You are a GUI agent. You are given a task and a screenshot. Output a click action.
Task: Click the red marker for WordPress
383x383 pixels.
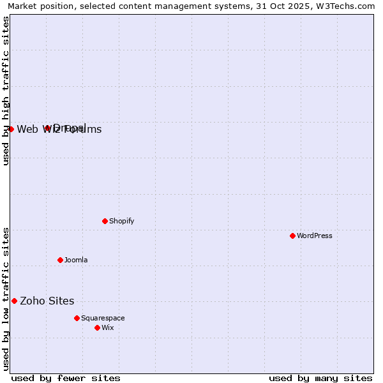pos(293,236)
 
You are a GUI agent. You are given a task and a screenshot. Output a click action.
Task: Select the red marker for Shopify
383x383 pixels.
pos(105,221)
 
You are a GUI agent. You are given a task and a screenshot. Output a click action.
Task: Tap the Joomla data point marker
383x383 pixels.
pos(61,260)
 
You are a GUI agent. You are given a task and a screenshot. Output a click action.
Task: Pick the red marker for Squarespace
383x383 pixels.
pos(77,318)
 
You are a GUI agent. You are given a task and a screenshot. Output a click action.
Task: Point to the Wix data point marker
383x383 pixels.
pos(98,327)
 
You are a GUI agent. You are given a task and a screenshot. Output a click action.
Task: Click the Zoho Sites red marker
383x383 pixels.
pos(15,301)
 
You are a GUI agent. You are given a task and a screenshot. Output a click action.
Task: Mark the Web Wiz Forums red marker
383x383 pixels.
pos(11,129)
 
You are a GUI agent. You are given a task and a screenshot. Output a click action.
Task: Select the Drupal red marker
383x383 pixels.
pos(47,128)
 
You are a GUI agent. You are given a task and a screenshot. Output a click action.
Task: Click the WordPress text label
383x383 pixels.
pos(315,236)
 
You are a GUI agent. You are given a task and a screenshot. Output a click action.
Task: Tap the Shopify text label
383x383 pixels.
pos(122,221)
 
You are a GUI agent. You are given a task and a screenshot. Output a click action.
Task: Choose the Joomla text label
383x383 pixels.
pos(76,260)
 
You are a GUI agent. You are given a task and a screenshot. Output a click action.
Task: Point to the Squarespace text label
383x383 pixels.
pos(103,318)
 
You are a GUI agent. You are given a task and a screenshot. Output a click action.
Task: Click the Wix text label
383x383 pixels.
pos(108,327)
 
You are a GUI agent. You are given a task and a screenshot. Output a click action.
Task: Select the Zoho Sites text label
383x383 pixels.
pos(47,301)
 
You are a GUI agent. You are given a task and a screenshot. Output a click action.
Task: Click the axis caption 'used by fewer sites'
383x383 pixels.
pos(66,378)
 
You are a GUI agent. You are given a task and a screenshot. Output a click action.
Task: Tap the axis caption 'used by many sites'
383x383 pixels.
pos(320,378)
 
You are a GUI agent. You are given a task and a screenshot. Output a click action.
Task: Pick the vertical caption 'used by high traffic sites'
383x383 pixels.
pos(6,91)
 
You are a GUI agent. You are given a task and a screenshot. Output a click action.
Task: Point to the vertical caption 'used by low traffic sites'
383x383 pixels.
pos(6,298)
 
